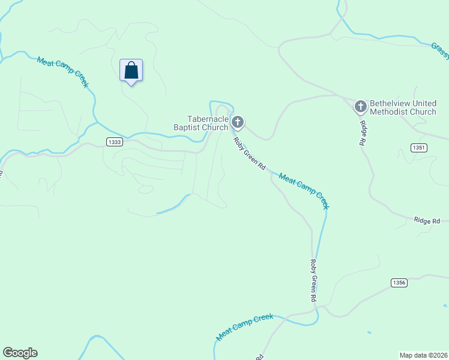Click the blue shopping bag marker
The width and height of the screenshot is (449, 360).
click(131, 71)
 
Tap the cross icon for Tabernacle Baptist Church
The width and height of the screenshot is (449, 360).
click(238, 123)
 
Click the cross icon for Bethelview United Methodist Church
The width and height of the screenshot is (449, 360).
click(360, 107)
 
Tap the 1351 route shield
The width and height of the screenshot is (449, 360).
click(418, 148)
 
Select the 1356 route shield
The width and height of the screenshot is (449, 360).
click(399, 283)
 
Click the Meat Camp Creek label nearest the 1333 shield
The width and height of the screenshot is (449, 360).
click(63, 73)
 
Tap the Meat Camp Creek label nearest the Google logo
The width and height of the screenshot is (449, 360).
click(245, 328)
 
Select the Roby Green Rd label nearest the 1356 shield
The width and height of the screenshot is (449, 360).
click(313, 280)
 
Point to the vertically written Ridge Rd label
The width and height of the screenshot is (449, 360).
click(363, 133)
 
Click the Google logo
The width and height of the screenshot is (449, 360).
click(20, 353)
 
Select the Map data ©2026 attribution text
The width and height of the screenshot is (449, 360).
click(423, 355)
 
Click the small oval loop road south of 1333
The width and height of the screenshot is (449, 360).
click(145, 190)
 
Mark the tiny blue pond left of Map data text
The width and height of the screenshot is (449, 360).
click(369, 332)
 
